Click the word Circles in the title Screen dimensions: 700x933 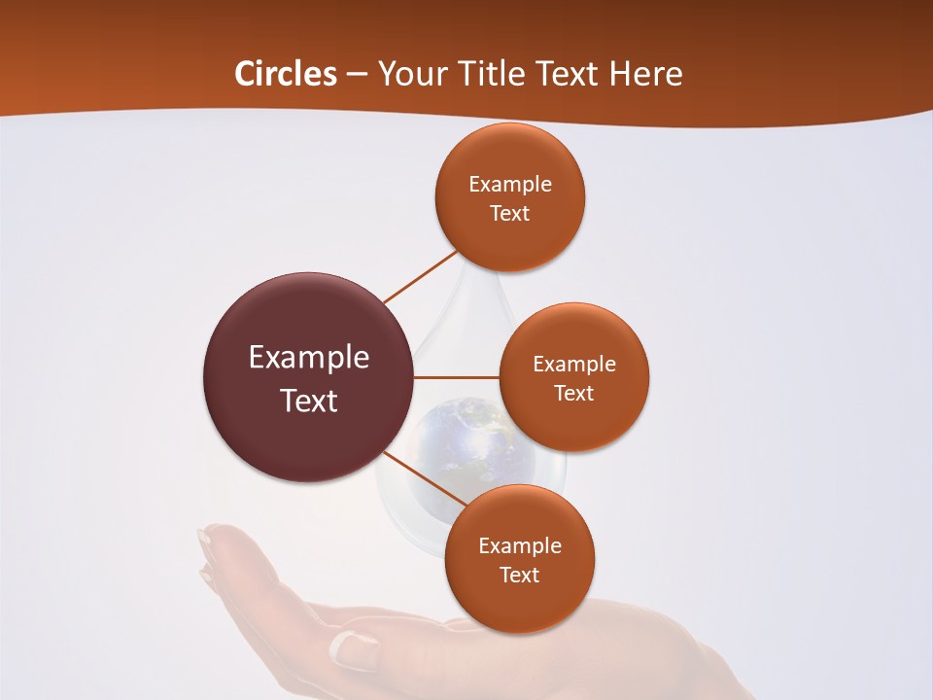pos(285,74)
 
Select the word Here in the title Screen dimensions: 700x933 pos(646,74)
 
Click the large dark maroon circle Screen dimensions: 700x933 pos(308,377)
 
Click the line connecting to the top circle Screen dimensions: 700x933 pos(420,276)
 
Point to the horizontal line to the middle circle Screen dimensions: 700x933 pos(457,377)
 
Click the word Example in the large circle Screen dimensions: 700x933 pos(308,358)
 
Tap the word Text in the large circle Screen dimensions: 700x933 pos(308,401)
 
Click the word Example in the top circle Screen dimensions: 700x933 pos(509,184)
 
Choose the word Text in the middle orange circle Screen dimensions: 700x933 pos(573,393)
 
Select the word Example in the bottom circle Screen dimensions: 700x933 pos(519,545)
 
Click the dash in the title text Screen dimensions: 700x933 pos(356,75)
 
